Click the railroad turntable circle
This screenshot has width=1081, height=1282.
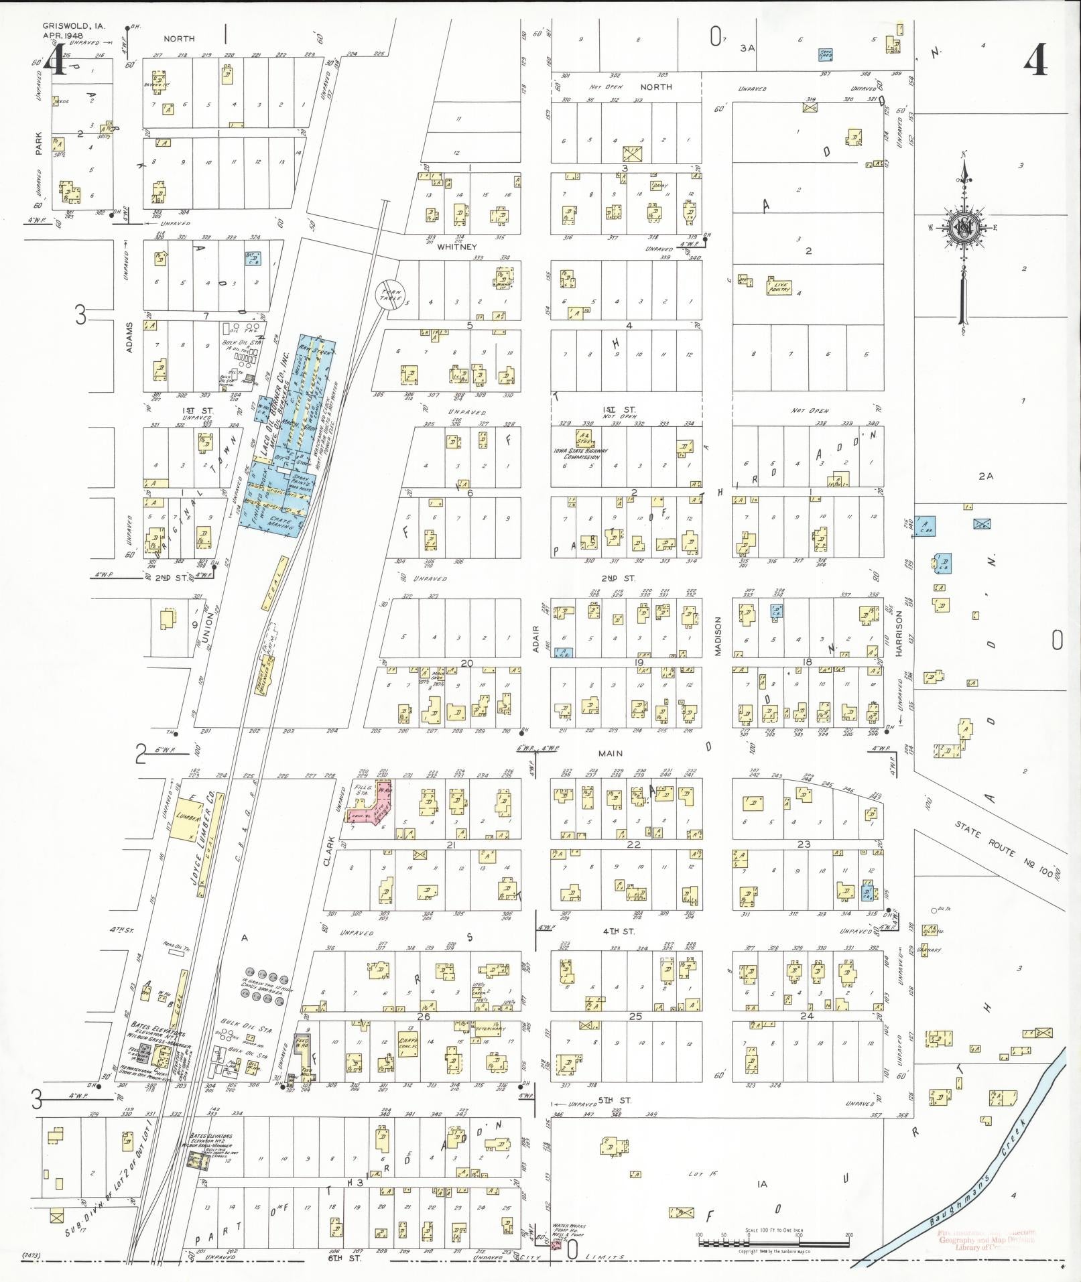pos(390,295)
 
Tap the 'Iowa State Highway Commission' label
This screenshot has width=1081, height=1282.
pos(581,454)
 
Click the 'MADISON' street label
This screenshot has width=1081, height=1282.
pos(717,637)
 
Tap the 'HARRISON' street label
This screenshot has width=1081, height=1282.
pos(899,633)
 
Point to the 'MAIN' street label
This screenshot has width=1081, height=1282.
pos(610,753)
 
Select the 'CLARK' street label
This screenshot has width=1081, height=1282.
pos(328,850)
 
